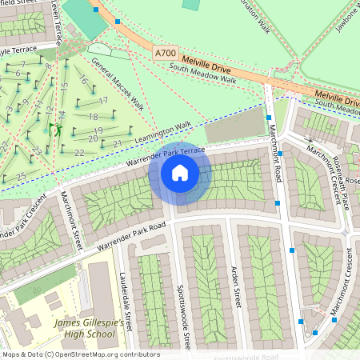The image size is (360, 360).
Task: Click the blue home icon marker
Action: pos(180,173)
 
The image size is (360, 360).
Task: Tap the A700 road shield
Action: pos(165,54)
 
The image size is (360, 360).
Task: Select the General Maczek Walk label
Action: pos(117,83)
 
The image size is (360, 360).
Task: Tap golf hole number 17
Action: pos(103,101)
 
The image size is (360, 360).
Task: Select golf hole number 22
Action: pos(79,152)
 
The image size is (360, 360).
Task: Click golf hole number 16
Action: pos(82,79)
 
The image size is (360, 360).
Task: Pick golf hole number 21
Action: pos(116,144)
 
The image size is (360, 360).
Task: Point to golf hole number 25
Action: pos(21,175)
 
